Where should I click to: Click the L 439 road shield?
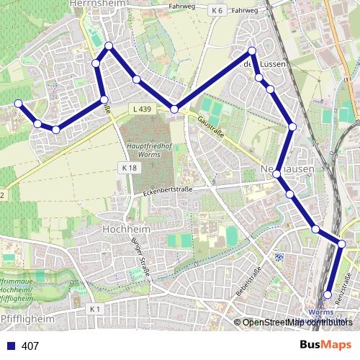[x=142, y=109]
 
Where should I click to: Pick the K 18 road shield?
[x=129, y=167]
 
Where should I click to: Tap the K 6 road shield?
[x=217, y=11]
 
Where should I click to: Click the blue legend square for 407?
[x=10, y=346]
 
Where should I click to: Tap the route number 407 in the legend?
[x=31, y=346]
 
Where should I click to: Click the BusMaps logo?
[x=325, y=345]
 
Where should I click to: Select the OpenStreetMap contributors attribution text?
[x=296, y=322]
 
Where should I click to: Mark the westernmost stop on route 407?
[x=19, y=104]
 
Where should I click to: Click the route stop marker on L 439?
[x=174, y=109]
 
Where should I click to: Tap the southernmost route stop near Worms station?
[x=328, y=294]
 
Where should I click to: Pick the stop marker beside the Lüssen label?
[x=253, y=51]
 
